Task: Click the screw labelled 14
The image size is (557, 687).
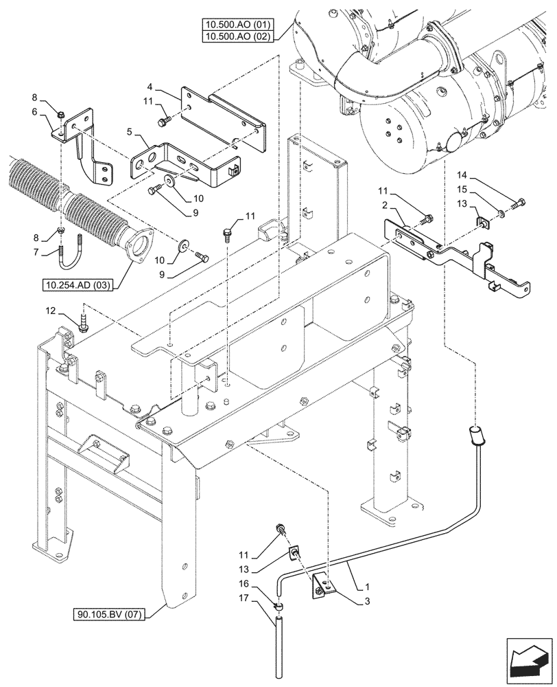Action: (519, 202)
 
